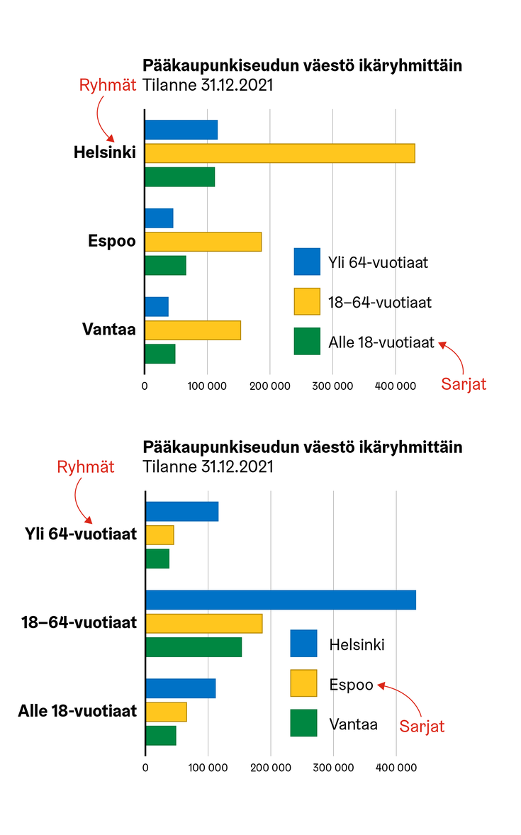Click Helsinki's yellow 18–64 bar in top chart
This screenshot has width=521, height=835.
pyautogui.click(x=279, y=153)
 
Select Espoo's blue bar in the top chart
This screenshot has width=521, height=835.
pyautogui.click(x=159, y=218)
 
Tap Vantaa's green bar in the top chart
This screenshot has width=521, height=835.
pyautogui.click(x=159, y=354)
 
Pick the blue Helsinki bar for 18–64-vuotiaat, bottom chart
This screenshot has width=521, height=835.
pyautogui.click(x=280, y=600)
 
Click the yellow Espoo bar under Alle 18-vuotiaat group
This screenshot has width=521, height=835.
pyautogui.click(x=166, y=712)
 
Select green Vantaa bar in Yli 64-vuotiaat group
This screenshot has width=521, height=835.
pyautogui.click(x=157, y=559)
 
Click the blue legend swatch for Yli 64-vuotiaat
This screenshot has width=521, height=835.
pyautogui.click(x=307, y=262)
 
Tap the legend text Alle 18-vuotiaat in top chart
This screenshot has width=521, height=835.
pyautogui.click(x=381, y=342)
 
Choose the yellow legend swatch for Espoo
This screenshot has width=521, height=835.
pyautogui.click(x=303, y=684)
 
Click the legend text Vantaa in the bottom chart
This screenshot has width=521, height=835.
pyautogui.click(x=353, y=724)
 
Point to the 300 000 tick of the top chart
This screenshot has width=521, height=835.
pyautogui.click(x=332, y=386)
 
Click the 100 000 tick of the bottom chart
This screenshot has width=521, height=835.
pyautogui.click(x=208, y=767)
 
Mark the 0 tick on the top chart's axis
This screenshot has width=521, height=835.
pyautogui.click(x=145, y=386)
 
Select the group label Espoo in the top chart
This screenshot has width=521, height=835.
pyautogui.click(x=111, y=241)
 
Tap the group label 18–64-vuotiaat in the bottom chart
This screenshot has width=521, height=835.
pyautogui.click(x=79, y=623)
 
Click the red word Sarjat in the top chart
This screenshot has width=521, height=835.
pyautogui.click(x=464, y=384)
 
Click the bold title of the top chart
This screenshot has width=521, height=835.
pyautogui.click(x=302, y=66)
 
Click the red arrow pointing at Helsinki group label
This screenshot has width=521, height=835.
pyautogui.click(x=102, y=121)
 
